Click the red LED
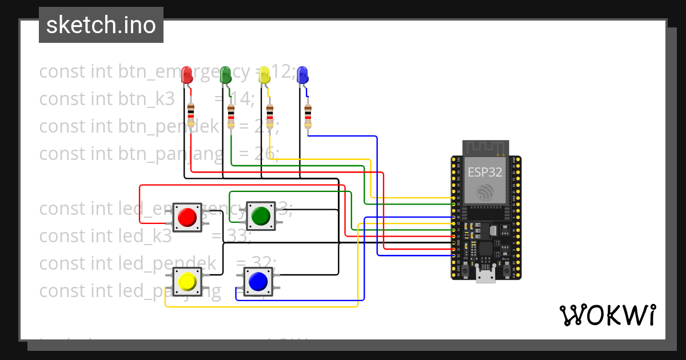(186, 75)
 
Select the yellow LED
(264, 75)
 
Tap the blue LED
(302, 75)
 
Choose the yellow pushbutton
(187, 282)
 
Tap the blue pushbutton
(258, 281)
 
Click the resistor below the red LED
(191, 116)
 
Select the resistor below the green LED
(231, 117)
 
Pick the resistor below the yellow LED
(269, 117)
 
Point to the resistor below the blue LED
(308, 117)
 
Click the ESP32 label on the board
(485, 172)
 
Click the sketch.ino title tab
(101, 25)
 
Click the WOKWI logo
(607, 315)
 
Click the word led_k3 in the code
(145, 235)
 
